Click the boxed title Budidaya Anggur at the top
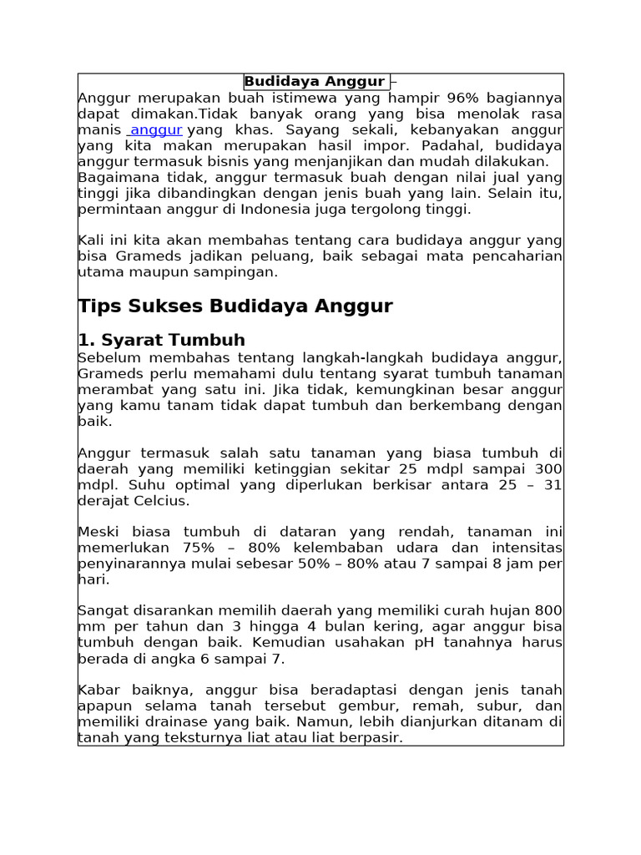click(x=315, y=82)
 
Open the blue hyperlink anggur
click(x=156, y=130)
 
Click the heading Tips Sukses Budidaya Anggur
click(x=235, y=306)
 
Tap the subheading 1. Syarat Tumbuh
click(x=161, y=340)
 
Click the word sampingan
click(x=239, y=271)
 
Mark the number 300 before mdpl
click(x=547, y=469)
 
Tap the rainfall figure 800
click(x=547, y=610)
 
